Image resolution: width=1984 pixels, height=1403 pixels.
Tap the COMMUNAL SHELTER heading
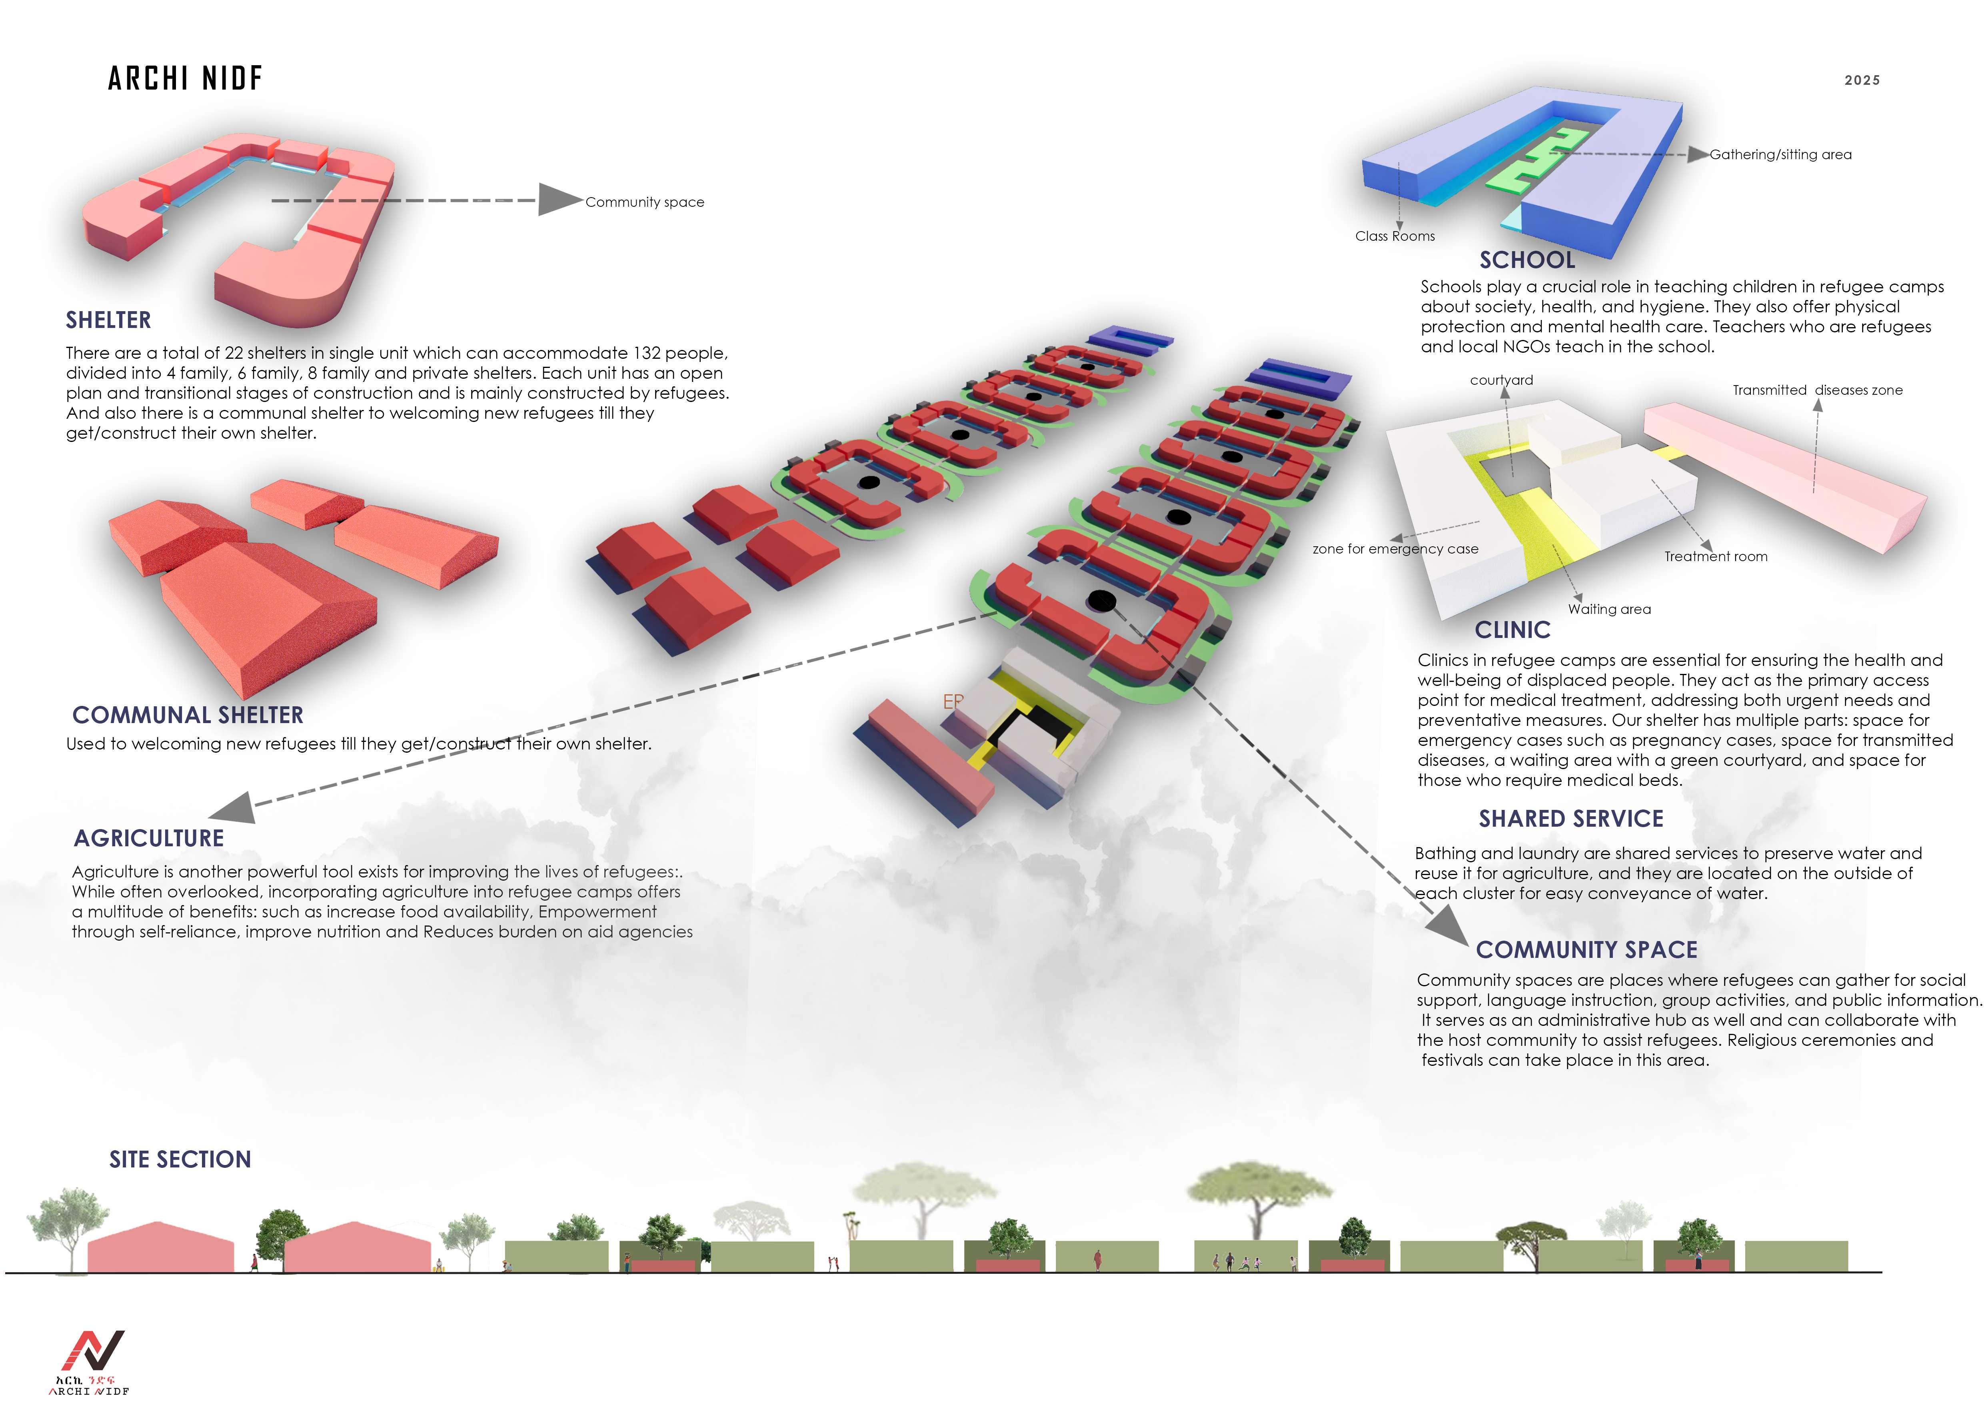click(188, 715)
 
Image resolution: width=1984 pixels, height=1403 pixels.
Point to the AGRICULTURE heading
click(149, 838)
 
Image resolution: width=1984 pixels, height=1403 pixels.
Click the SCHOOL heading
click(1527, 260)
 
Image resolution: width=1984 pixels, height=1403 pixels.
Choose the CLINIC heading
click(1512, 630)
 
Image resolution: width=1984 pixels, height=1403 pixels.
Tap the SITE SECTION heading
click(180, 1159)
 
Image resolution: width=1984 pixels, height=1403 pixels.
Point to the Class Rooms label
click(1395, 236)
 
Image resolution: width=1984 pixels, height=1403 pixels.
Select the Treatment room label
click(1715, 556)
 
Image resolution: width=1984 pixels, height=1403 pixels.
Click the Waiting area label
click(1609, 609)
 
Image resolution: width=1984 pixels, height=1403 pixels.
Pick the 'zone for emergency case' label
click(1395, 549)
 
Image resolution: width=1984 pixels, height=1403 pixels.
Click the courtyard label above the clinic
click(1501, 380)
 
